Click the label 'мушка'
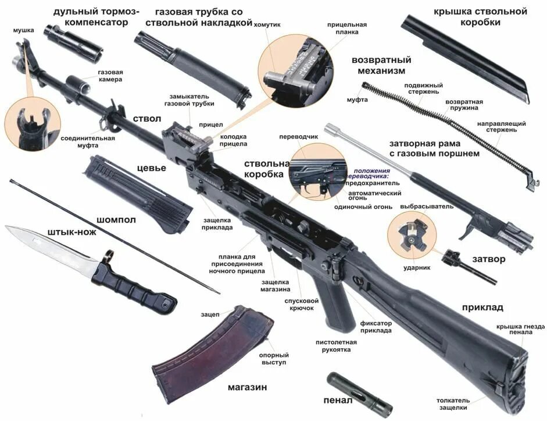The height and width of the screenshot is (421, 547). coord(24,30)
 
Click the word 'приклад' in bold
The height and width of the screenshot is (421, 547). coord(482,307)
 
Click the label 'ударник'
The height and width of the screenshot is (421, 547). coord(417,268)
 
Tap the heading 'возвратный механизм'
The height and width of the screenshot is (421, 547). coord(381,65)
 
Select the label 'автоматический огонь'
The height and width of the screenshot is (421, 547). coord(374,196)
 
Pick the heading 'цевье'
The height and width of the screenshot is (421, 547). coord(151,168)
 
